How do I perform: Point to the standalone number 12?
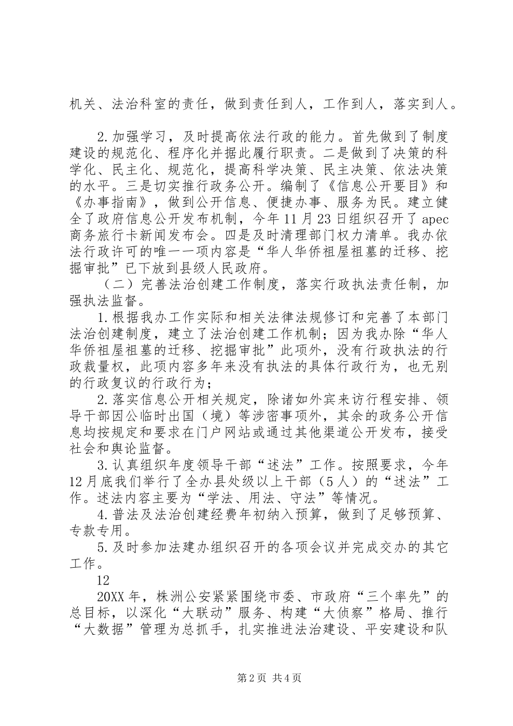coord(103,580)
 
